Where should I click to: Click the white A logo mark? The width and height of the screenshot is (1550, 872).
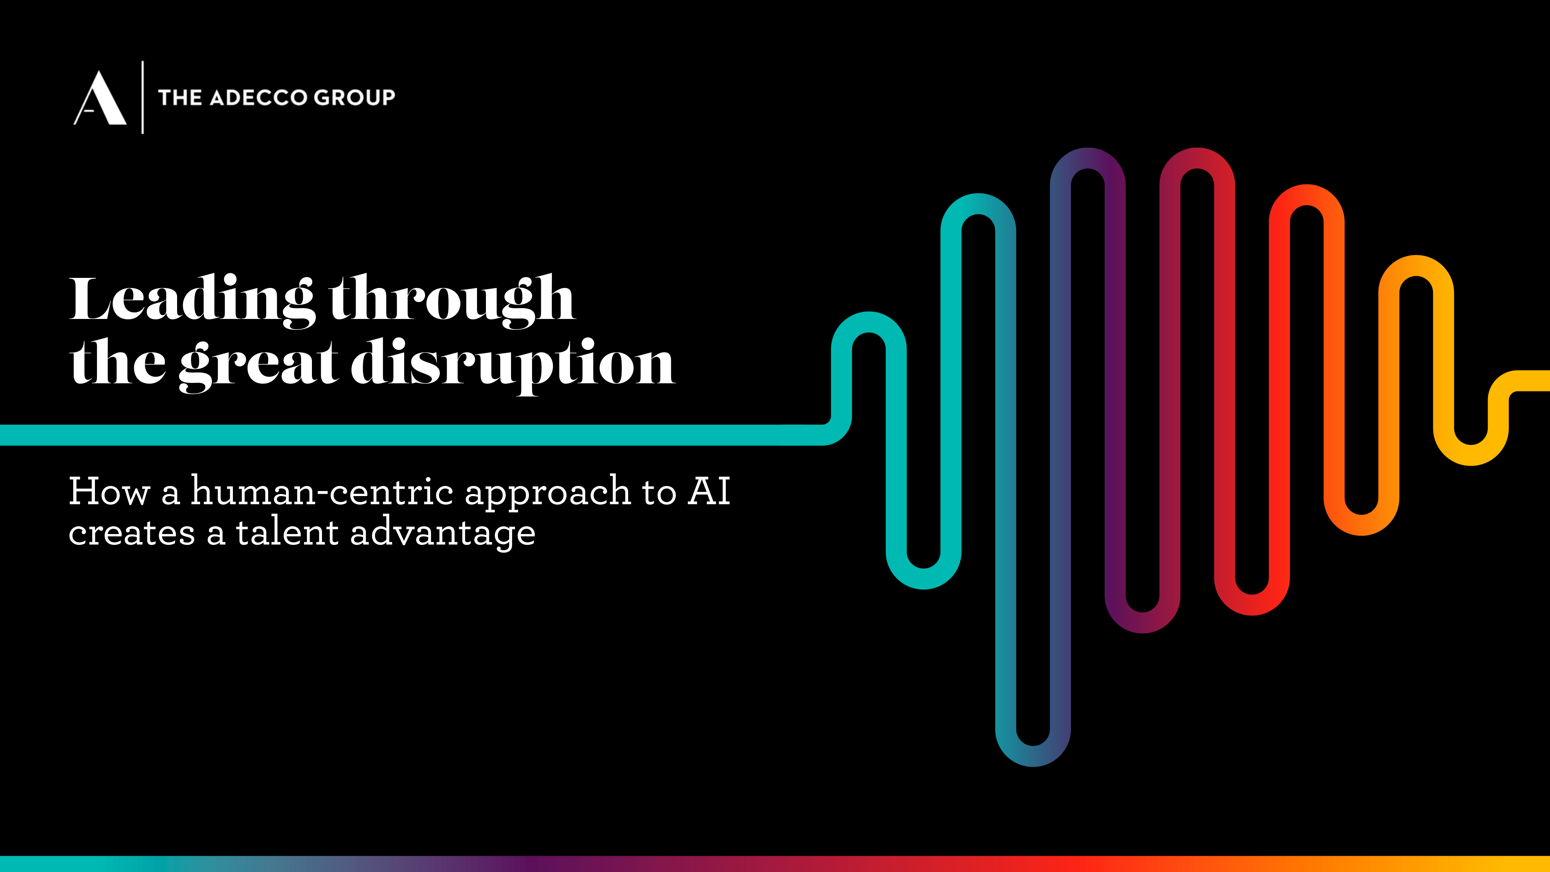100,98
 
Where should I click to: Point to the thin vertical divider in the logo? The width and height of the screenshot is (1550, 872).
143,97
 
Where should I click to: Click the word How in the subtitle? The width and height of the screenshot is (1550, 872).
109,491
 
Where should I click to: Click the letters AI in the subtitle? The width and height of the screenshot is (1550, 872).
710,491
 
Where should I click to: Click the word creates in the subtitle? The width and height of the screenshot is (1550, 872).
132,533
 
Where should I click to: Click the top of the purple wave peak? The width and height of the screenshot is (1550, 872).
1088,158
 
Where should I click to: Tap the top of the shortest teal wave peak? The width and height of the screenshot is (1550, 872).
869,322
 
